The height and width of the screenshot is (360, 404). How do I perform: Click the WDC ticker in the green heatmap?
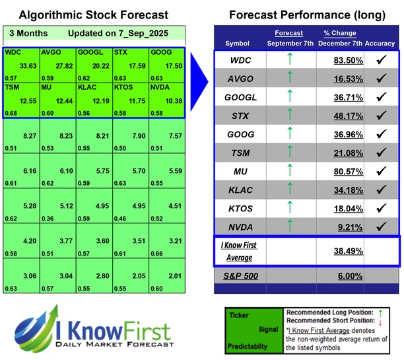pos(13,52)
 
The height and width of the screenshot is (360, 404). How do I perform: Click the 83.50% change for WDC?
pos(341,60)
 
